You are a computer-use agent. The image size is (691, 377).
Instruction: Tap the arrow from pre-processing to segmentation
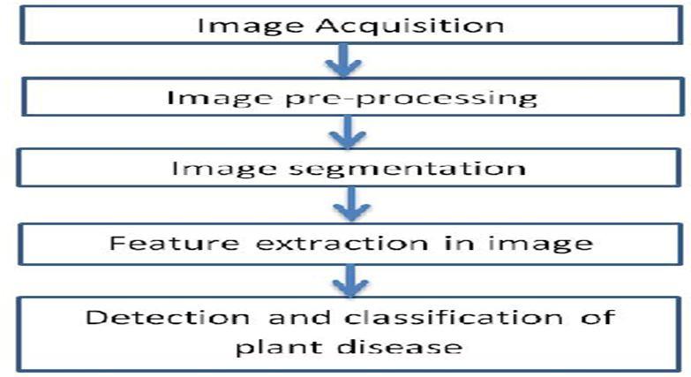(346, 133)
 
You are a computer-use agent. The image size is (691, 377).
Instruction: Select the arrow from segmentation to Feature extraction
(346, 205)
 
